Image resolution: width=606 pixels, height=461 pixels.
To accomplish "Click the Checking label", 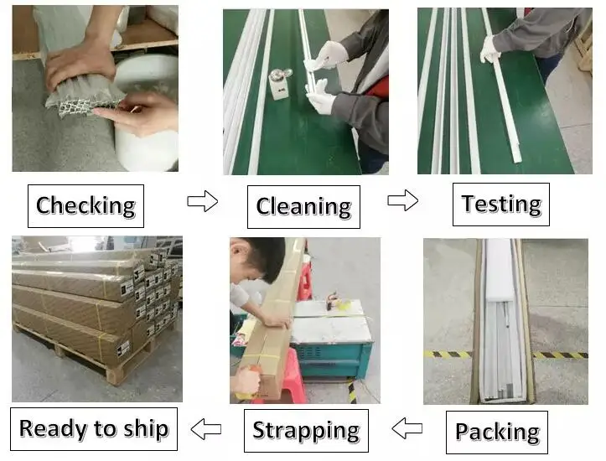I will pyautogui.click(x=85, y=205).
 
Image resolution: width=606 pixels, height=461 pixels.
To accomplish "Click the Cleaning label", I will pyautogui.click(x=303, y=206).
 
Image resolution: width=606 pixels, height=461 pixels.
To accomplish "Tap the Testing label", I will pyautogui.click(x=501, y=204).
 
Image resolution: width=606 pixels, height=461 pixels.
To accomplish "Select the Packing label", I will pyautogui.click(x=497, y=432).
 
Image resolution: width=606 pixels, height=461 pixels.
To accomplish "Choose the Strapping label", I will pyautogui.click(x=306, y=431).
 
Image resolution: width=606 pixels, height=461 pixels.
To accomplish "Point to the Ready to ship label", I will pyautogui.click(x=93, y=429).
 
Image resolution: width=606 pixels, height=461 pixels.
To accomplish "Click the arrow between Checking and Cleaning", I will pyautogui.click(x=202, y=201).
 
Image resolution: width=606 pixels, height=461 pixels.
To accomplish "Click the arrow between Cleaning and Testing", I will pyautogui.click(x=402, y=200).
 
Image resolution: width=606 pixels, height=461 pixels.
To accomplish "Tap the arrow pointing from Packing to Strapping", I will pyautogui.click(x=407, y=429).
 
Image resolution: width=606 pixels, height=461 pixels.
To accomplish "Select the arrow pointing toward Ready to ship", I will pyautogui.click(x=205, y=429).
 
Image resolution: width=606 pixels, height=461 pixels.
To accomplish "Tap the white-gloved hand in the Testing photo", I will pyautogui.click(x=489, y=49).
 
